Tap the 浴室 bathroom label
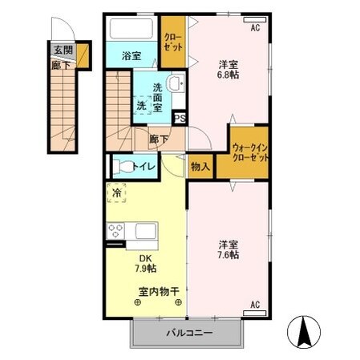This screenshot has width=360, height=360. click(132, 57)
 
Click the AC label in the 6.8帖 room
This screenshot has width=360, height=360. click(255, 28)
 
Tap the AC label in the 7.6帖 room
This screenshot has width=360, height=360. click(255, 304)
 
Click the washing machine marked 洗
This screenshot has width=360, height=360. click(142, 106)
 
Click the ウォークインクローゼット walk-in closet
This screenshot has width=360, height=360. click(249, 152)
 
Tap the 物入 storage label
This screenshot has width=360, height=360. click(200, 167)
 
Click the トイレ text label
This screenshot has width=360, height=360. click(144, 167)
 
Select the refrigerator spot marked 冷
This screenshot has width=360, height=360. click(117, 193)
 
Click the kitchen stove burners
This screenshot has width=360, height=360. click(116, 232)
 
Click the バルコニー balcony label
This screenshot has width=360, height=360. click(189, 333)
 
